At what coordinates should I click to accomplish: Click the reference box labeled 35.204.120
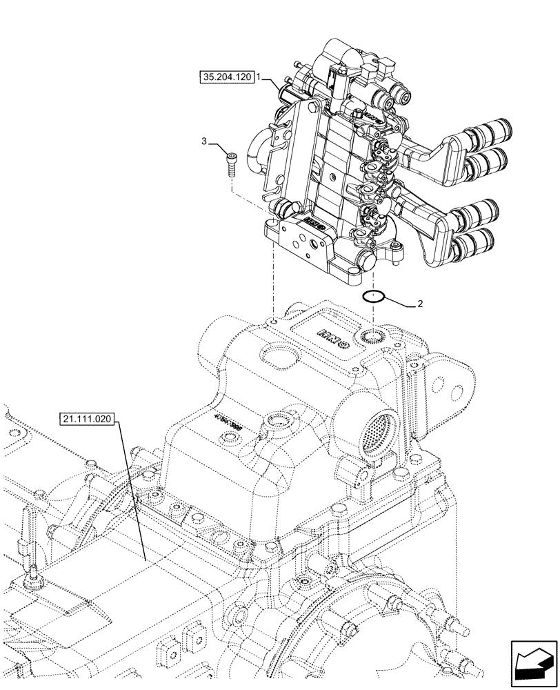pyautogui.click(x=226, y=79)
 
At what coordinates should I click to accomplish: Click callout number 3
pyautogui.click(x=204, y=141)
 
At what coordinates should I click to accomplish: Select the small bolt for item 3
pyautogui.click(x=231, y=164)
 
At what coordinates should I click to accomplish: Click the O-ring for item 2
pyautogui.click(x=373, y=297)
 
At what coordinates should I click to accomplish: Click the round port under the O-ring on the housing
pyautogui.click(x=372, y=336)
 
